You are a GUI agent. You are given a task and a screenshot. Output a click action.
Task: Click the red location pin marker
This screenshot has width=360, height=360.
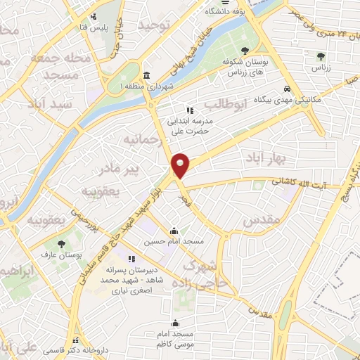click(x=181, y=165)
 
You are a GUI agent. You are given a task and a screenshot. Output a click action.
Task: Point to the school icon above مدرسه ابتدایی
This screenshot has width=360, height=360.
click(x=189, y=110)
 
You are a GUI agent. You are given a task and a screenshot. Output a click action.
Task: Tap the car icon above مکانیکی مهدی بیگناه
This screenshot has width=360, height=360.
click(x=287, y=89)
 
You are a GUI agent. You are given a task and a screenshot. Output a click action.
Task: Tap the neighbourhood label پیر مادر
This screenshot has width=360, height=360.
click(x=139, y=169)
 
